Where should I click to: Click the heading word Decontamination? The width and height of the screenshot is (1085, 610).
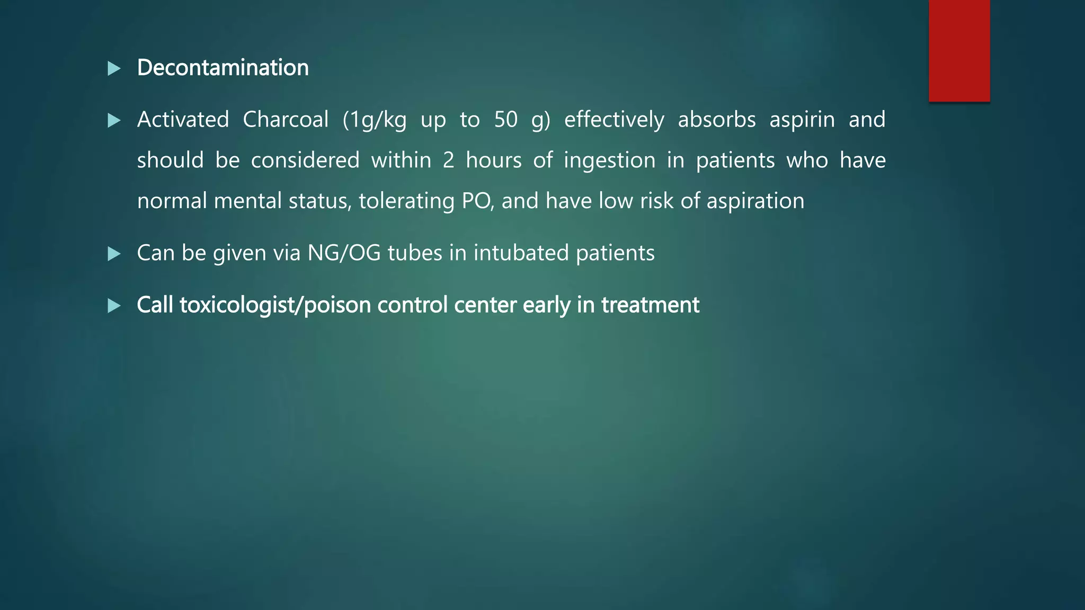[223, 68]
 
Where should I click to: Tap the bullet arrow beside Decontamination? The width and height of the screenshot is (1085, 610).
[114, 68]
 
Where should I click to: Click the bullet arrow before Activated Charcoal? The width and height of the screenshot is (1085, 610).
[114, 120]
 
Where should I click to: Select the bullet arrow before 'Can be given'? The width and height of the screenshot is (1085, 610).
[114, 254]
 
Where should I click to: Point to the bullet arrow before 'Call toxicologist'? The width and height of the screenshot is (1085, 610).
[114, 306]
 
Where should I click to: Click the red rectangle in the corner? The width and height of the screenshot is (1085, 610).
[959, 51]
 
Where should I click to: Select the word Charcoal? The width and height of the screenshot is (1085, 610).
[286, 120]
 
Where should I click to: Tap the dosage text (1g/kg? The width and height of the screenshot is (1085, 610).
[375, 120]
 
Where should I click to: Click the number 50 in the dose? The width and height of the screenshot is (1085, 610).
[505, 120]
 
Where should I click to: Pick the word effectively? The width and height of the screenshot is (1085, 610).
[614, 120]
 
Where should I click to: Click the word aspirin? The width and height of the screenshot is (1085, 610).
[802, 120]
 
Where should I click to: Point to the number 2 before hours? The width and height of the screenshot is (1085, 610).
[448, 160]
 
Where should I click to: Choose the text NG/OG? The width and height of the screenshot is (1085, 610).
[344, 253]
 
